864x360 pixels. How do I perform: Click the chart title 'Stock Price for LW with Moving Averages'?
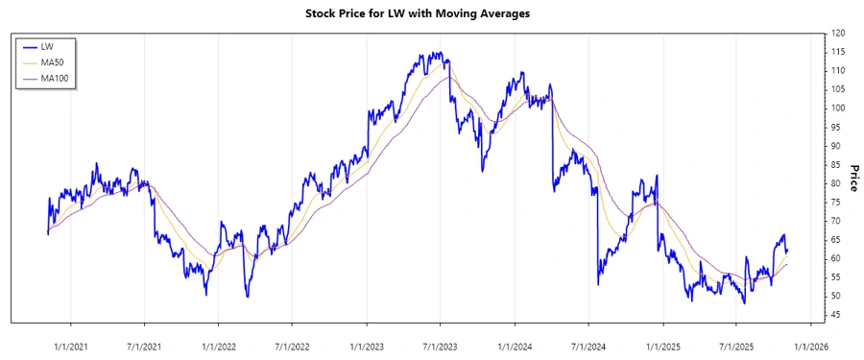431,13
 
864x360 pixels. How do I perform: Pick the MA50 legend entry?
53,61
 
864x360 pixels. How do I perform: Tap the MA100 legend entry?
55,77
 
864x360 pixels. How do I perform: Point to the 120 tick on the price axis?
836,33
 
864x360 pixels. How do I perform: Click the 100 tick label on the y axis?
836,108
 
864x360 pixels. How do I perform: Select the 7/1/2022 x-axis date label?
292,339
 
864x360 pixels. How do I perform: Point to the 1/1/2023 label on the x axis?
366,339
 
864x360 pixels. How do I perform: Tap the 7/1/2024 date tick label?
587,339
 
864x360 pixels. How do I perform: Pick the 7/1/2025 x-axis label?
734,339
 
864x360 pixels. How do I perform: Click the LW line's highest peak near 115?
437,53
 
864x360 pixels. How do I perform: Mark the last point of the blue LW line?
787,252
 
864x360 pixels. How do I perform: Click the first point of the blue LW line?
48,233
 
